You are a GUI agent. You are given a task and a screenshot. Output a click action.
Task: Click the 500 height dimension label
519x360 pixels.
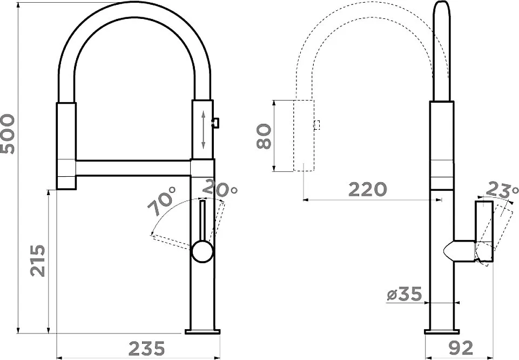(x=8, y=134)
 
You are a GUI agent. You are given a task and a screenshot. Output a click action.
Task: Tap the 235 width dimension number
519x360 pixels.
(x=146, y=348)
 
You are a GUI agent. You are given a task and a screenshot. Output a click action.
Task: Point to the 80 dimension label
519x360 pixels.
(x=264, y=136)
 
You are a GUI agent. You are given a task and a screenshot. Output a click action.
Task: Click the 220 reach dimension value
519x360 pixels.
(x=367, y=189)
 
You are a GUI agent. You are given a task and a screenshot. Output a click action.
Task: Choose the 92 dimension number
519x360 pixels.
(x=461, y=348)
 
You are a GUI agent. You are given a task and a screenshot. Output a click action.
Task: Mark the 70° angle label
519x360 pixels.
(x=161, y=201)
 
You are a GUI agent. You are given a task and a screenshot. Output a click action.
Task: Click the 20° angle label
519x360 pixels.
(x=219, y=188)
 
